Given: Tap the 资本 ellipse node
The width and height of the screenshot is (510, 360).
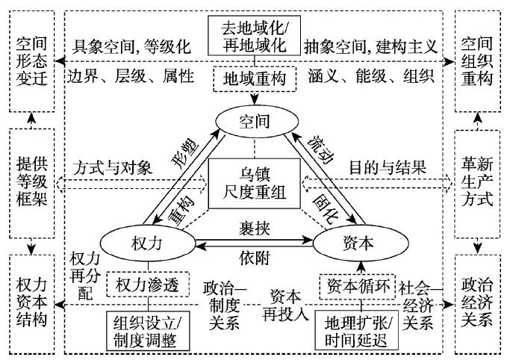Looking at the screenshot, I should click(x=356, y=243).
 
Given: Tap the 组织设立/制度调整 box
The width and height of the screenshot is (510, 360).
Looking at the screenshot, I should click(x=147, y=329).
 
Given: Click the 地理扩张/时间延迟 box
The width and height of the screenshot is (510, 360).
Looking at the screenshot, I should click(x=357, y=329).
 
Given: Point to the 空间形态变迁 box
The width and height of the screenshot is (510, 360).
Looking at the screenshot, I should click(x=30, y=60).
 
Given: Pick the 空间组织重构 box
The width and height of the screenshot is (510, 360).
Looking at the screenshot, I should click(x=478, y=60).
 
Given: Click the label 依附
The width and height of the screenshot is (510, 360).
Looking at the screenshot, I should click(x=254, y=258).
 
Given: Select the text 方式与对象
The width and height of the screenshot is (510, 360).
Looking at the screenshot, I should click(x=111, y=165).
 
